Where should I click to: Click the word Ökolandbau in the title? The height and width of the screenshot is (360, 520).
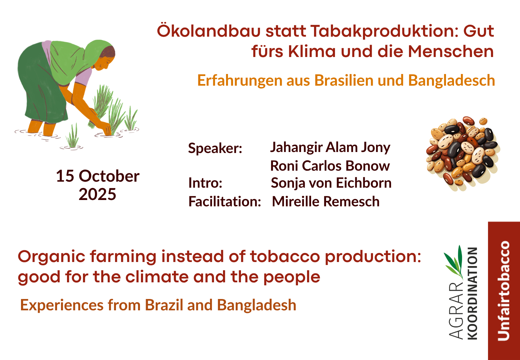209,30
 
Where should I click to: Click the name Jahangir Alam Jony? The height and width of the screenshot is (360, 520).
330,148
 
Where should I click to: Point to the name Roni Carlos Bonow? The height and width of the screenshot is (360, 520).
330,166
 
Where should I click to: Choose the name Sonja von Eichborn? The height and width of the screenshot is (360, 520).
331,183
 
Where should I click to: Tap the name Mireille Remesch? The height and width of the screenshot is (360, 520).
326,201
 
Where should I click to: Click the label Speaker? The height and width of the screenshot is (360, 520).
215,148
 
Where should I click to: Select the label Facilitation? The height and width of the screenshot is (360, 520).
225,201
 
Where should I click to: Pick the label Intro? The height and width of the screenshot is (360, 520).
205,183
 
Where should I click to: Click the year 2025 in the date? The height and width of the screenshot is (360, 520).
97,194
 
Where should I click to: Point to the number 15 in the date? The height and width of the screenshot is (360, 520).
65,176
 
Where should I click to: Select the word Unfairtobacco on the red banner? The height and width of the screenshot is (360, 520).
504,291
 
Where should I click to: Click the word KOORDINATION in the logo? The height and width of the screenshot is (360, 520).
472,294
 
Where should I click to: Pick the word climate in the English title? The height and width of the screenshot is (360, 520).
157,277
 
